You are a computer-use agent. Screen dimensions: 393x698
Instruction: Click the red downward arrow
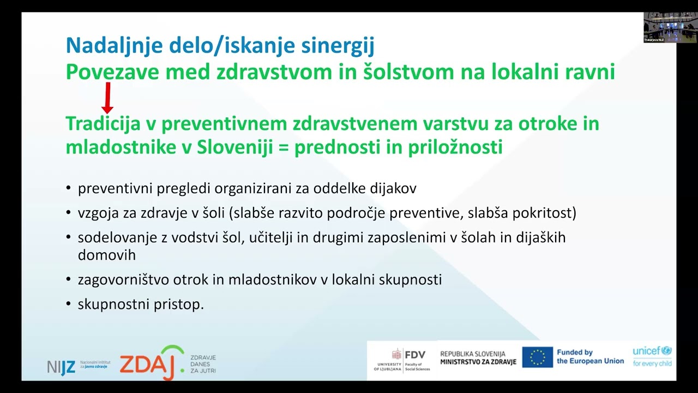tap(107, 98)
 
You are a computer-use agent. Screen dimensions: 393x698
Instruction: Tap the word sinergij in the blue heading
tap(338, 46)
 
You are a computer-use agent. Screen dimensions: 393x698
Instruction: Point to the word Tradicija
tap(103, 124)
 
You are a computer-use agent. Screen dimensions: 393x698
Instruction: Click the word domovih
tap(106, 255)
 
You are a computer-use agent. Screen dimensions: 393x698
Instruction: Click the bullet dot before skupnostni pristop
tap(69, 304)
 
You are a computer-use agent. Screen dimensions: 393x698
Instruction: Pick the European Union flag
tap(537, 357)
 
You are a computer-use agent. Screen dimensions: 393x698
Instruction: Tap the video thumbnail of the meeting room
tap(660, 27)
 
